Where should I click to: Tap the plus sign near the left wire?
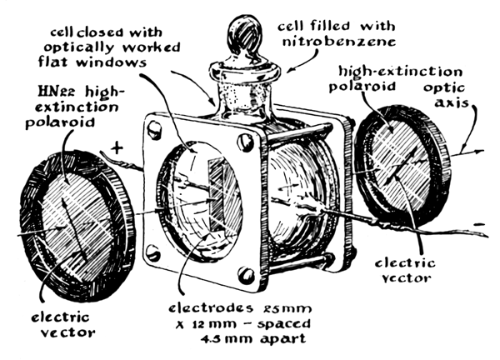117,147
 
